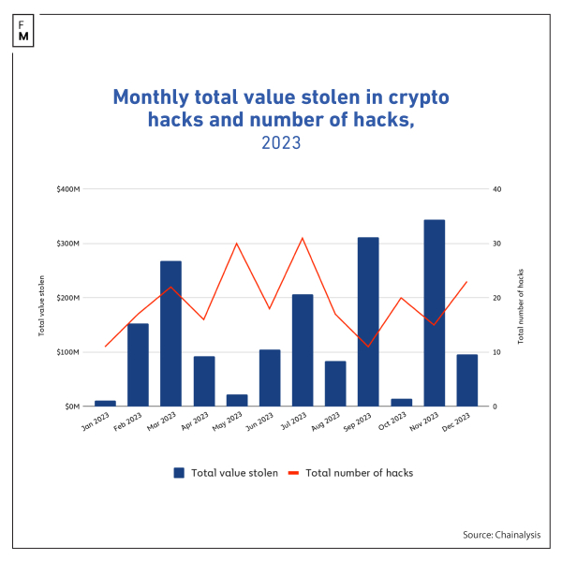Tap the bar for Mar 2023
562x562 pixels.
(x=170, y=333)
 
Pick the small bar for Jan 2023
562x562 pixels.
(x=105, y=403)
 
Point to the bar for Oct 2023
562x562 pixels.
(x=401, y=402)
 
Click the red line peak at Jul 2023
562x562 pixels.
(x=303, y=238)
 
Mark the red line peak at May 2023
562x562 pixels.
(x=236, y=244)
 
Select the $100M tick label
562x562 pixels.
(x=68, y=352)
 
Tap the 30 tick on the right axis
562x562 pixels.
(x=497, y=244)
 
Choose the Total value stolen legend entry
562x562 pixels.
(x=225, y=473)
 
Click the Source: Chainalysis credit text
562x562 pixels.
(x=501, y=534)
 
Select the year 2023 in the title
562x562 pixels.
(x=281, y=144)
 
